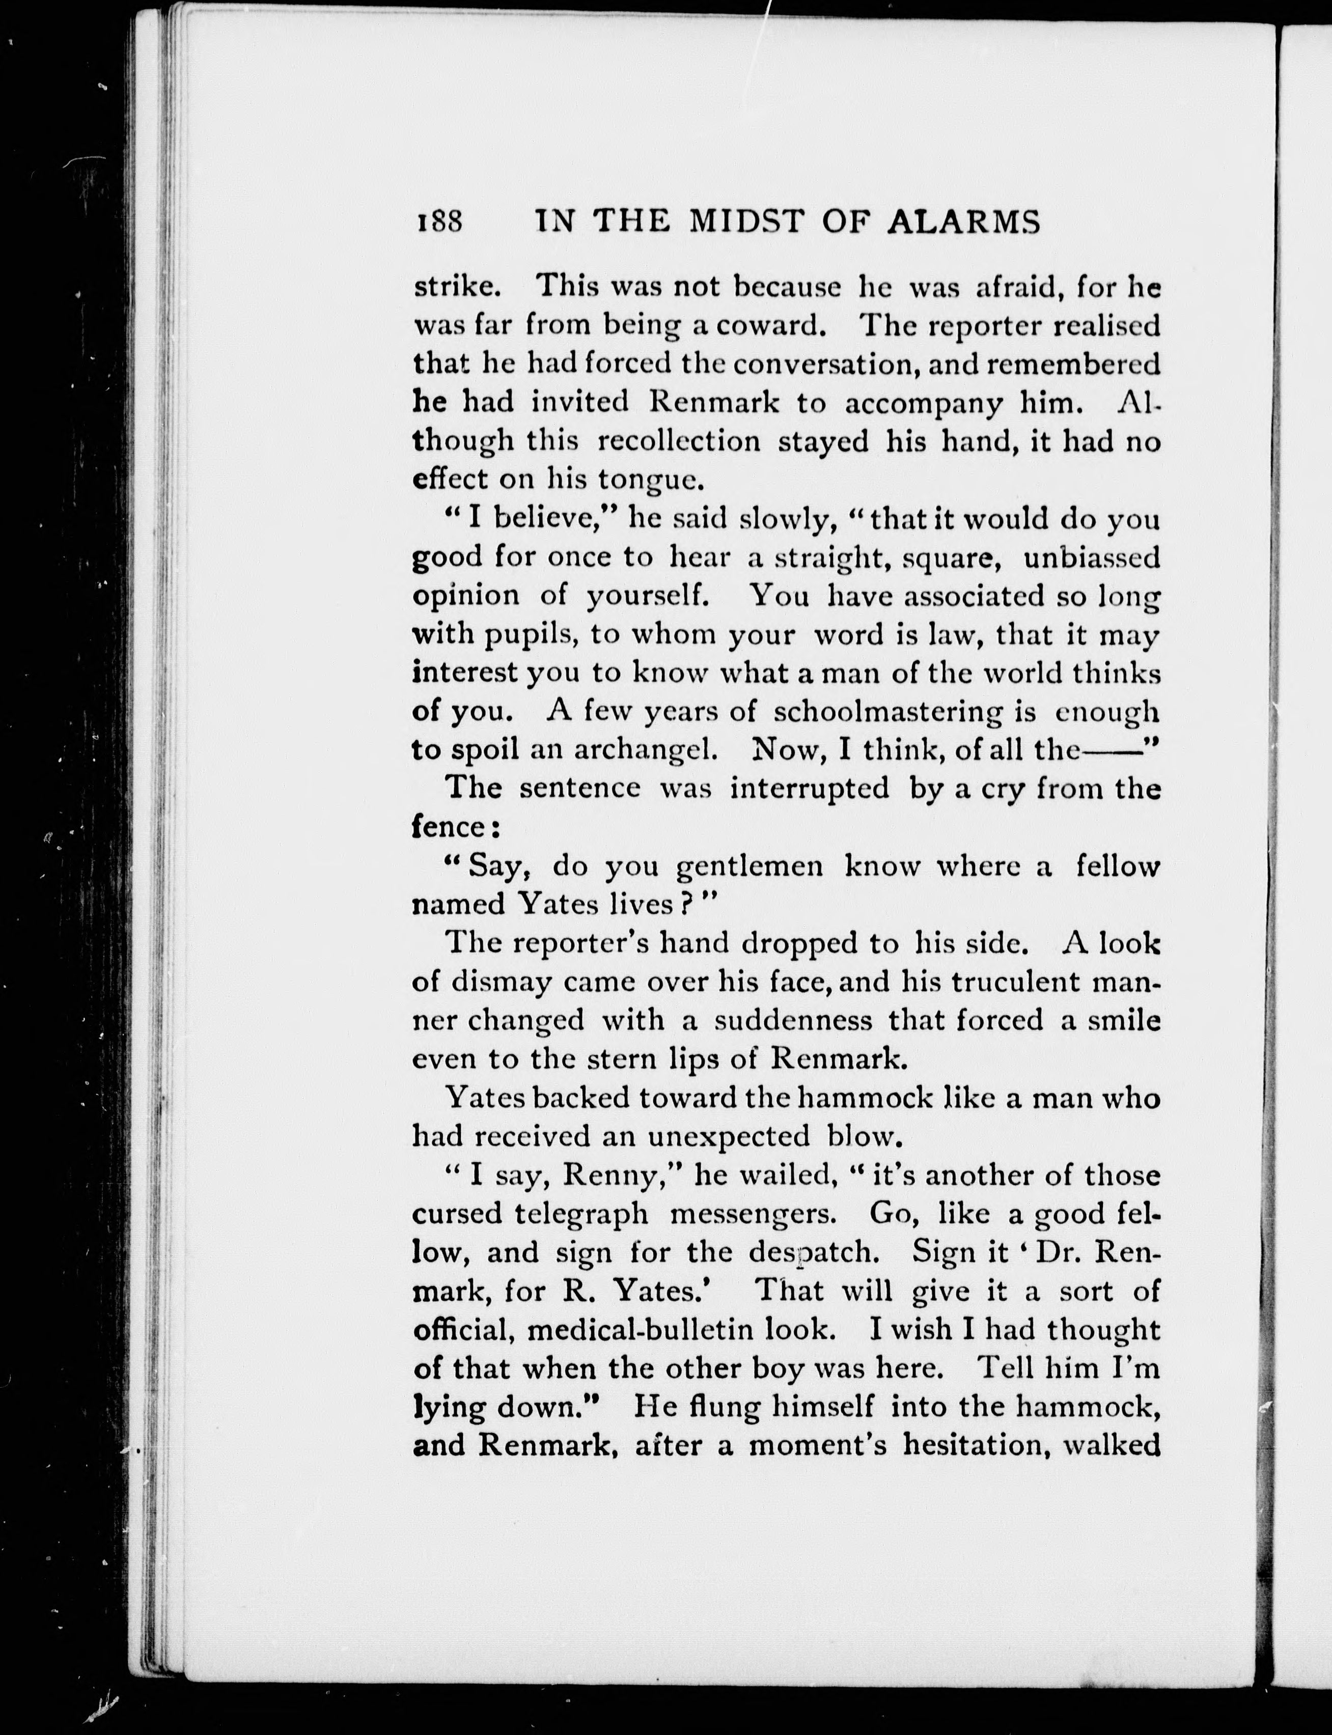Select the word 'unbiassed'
point(1091,557)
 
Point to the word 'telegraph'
point(581,1214)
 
